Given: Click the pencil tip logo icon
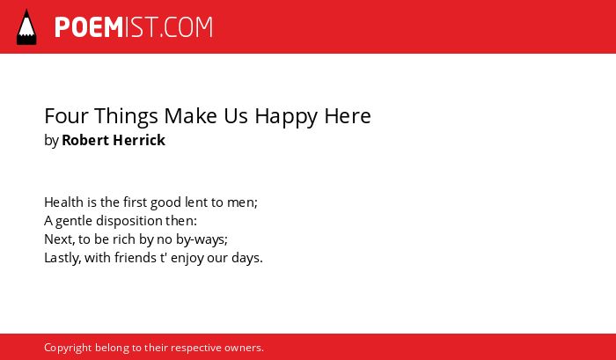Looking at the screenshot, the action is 26,27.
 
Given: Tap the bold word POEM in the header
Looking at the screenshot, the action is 89,27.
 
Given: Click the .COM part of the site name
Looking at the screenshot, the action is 187,27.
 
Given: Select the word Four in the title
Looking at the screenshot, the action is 66,116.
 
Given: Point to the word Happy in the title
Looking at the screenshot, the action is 286,117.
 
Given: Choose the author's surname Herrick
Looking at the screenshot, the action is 139,140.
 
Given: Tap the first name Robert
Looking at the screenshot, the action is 85,140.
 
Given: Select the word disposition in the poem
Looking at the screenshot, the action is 128,221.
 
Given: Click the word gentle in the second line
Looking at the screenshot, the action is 74,221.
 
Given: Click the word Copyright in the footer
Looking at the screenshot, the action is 68,348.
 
